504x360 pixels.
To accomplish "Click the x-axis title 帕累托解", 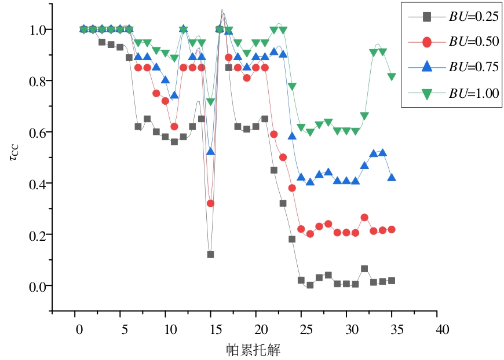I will coord(254,350).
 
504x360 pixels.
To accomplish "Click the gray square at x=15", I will coord(210,255).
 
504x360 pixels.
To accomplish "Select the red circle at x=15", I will coord(211,203).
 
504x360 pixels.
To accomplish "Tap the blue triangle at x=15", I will coord(211,152).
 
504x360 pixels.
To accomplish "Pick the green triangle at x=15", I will coord(211,102).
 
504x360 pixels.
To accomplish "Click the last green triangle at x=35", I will coord(392,77).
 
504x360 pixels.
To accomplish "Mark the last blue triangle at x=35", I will coord(392,178).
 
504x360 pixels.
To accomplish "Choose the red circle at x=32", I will coord(364,218).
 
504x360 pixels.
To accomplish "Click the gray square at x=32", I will coord(364,269).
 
